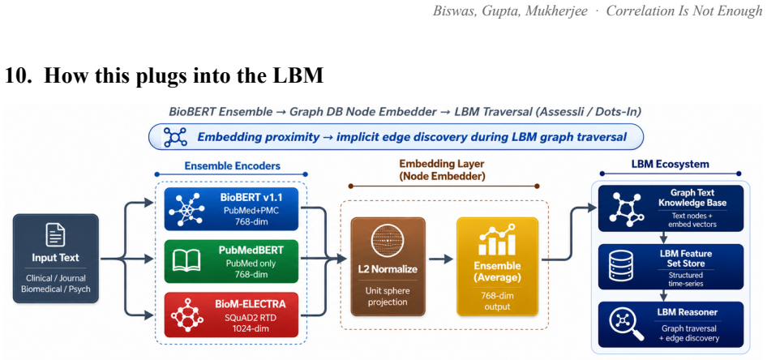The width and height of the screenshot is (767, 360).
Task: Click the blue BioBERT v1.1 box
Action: tap(231, 209)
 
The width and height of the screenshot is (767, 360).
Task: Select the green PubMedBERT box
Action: tap(231, 261)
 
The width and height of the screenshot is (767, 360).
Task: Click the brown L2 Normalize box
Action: tap(388, 266)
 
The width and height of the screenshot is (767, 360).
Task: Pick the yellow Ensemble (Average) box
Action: tap(498, 266)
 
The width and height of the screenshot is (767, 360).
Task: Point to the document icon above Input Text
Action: tap(56, 235)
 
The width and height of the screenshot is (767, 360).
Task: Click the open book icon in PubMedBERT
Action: tap(186, 261)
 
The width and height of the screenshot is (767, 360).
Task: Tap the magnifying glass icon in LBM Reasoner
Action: tap(621, 324)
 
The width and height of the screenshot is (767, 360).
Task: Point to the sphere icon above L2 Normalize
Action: tap(388, 241)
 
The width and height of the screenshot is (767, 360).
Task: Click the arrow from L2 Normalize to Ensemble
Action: tap(441, 259)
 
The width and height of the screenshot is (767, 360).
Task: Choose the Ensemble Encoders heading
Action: tap(233, 166)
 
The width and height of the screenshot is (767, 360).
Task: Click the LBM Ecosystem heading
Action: tap(671, 164)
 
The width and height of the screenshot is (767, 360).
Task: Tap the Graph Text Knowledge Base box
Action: tap(671, 208)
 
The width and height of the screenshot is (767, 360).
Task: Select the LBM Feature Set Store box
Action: tap(671, 267)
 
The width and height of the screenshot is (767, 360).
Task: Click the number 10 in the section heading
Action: tap(15, 77)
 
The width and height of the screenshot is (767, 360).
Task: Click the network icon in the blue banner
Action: tap(175, 137)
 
